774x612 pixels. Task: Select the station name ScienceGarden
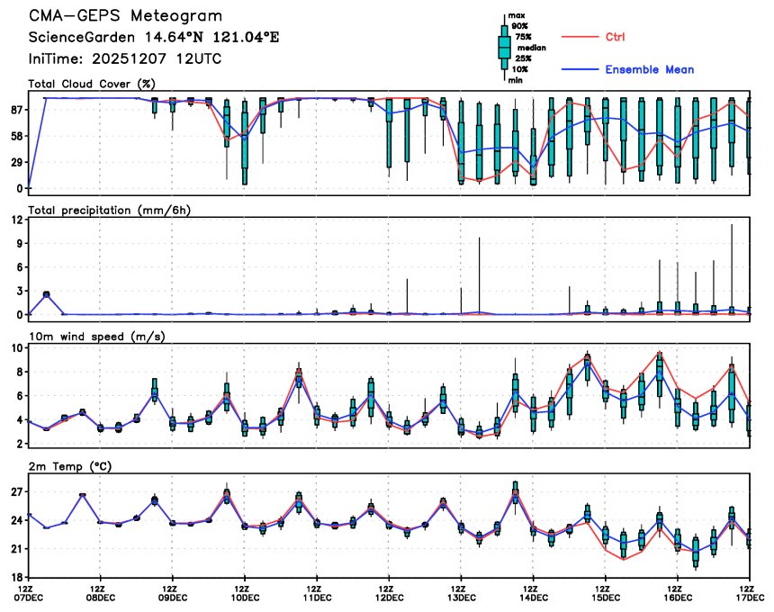[76, 38]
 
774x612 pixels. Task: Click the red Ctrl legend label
[616, 37]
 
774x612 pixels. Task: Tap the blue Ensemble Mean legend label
[649, 69]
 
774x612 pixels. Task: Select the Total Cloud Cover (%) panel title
[86, 84]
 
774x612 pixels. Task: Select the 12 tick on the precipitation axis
[16, 220]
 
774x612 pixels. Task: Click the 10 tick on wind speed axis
[16, 347]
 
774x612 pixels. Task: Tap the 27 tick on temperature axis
[15, 491]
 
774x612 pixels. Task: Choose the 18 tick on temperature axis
[15, 577]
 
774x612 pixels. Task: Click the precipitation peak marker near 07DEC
[47, 293]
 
